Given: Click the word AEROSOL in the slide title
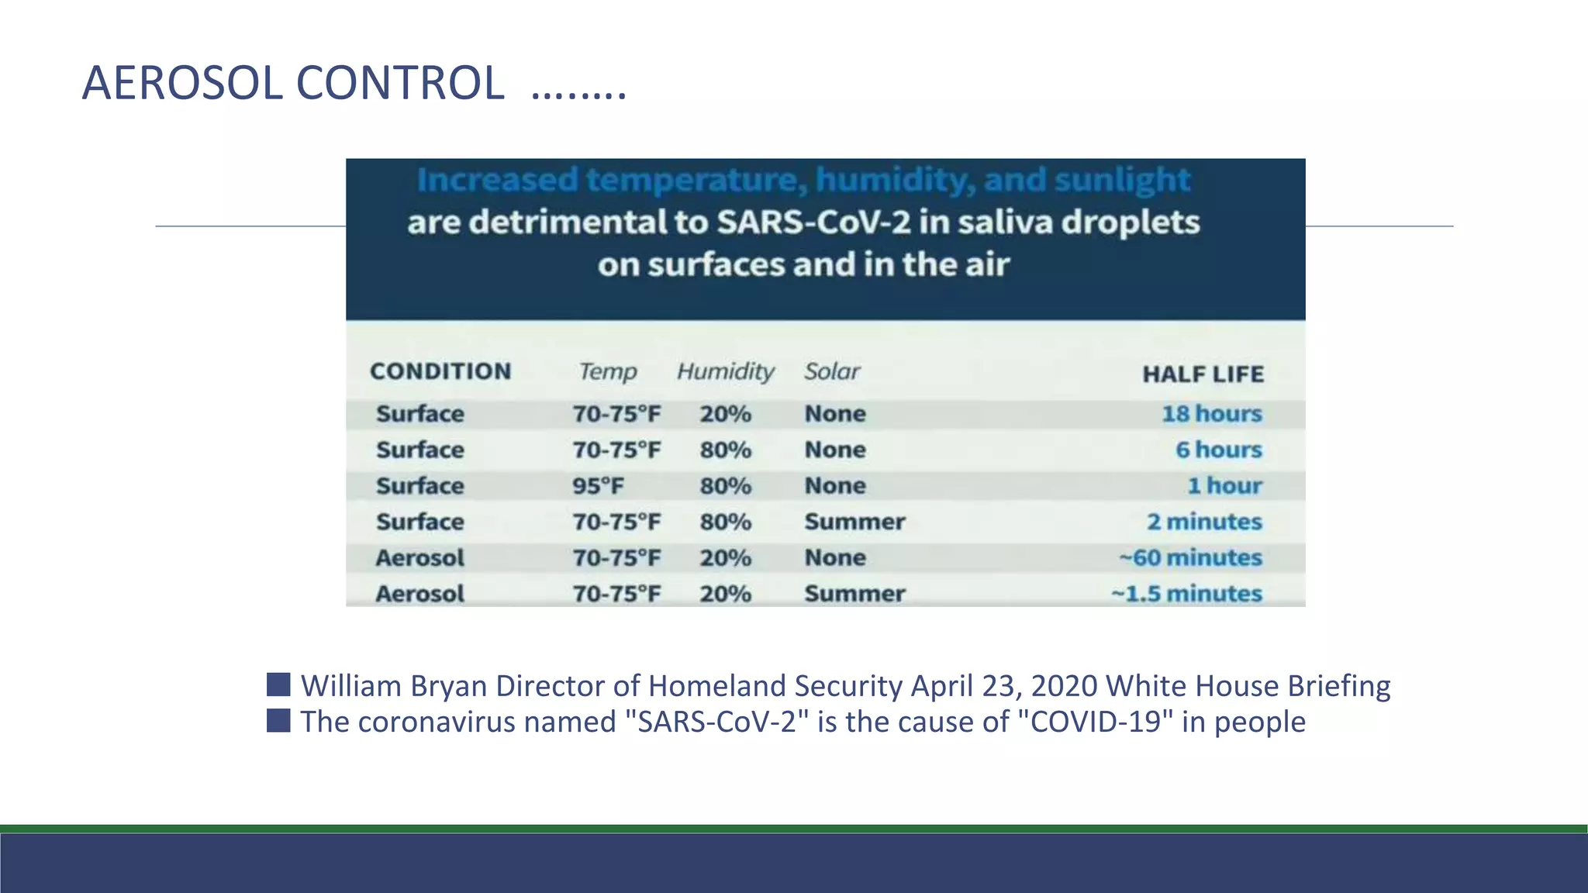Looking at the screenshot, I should pos(184,83).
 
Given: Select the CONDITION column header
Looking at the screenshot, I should pos(440,371).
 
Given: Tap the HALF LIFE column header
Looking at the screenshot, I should pos(1203,374).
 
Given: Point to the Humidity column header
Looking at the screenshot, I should pos(725,372).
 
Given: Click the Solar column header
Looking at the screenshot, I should pos(832,372).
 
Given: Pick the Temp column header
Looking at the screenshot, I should pos(608,372).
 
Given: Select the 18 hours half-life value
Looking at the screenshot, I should pos(1211,414).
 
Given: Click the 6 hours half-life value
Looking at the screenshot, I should pos(1218,450).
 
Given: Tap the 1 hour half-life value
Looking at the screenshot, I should pos(1224,486).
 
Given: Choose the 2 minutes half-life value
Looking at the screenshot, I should pos(1204,522).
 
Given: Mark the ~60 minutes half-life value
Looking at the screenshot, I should pos(1190,557).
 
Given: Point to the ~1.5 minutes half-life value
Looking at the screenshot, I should pos(1186,594).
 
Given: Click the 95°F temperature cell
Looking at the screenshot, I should pos(598,486).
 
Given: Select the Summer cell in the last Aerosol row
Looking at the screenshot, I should pos(854,594).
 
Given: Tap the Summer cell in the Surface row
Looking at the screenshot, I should pos(854,522).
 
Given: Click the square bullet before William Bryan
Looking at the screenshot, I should pos(278,684).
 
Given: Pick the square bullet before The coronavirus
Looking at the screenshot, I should pos(278,720).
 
